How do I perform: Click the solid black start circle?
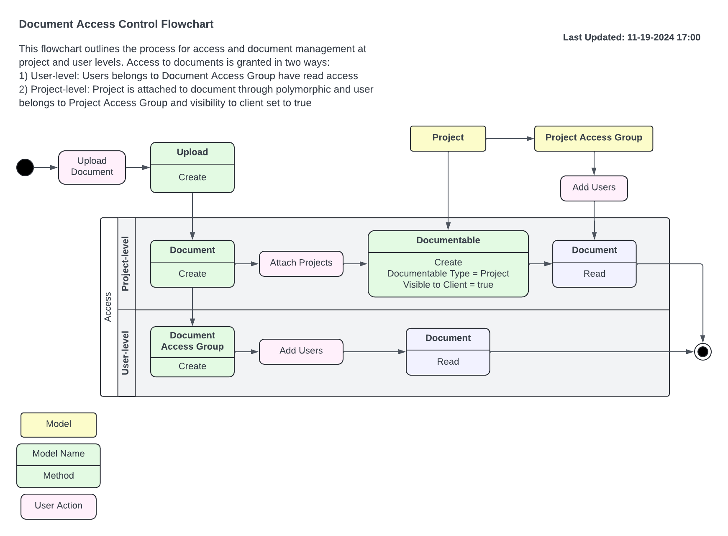[25, 167]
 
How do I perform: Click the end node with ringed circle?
[702, 352]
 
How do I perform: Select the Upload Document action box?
[92, 167]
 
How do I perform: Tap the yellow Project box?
[448, 138]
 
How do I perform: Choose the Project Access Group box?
[593, 138]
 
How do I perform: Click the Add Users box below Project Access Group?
[594, 188]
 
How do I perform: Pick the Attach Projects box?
[301, 263]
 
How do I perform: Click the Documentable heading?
[448, 240]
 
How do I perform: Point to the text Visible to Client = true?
[448, 285]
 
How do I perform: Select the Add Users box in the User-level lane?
[301, 351]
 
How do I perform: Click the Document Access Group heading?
[192, 341]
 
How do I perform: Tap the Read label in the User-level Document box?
[448, 362]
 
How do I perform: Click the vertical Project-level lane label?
[126, 264]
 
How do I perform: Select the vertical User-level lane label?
[126, 353]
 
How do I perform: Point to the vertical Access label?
[108, 307]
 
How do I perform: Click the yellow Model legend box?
[59, 425]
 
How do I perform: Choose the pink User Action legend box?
[59, 506]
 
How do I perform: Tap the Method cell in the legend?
[59, 476]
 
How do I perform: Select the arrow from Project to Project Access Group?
[510, 139]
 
